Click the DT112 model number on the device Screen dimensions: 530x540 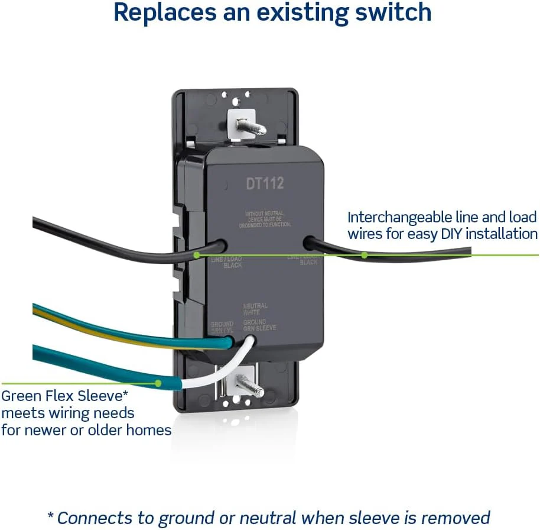pos(265,183)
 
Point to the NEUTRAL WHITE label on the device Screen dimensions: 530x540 pos(255,309)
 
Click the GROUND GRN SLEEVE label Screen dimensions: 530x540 pos(259,325)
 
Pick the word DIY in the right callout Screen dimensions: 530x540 pos(453,234)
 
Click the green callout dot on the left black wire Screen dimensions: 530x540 pos(197,255)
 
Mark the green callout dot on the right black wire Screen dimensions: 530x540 pos(365,255)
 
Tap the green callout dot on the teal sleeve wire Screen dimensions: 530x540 pos(158,383)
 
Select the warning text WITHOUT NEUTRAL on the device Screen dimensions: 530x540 pos(264,212)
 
